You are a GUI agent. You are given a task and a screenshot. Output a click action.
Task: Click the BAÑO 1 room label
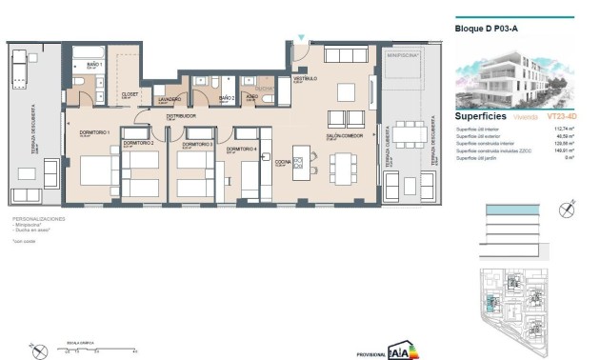(93, 64)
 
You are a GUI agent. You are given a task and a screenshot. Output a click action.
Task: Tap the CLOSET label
(130, 94)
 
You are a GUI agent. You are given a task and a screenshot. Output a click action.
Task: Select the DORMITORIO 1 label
(94, 132)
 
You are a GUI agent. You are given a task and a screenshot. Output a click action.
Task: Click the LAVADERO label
(170, 98)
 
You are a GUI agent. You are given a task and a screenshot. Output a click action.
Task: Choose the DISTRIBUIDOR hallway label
(180, 115)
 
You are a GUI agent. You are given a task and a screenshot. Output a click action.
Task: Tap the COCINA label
(283, 162)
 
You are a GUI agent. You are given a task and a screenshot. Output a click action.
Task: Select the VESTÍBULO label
(305, 79)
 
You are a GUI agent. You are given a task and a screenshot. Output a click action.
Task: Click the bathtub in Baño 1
(93, 50)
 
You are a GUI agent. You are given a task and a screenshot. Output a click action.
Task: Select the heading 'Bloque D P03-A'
(487, 29)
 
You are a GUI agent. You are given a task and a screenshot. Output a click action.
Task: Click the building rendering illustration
(512, 76)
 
